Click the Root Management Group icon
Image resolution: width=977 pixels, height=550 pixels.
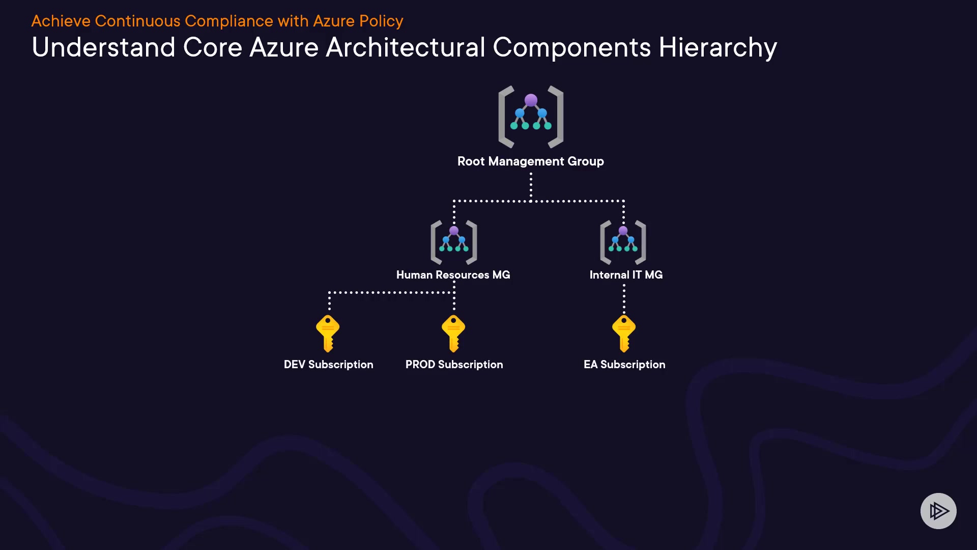click(x=531, y=117)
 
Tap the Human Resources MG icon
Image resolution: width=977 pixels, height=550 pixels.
click(x=454, y=242)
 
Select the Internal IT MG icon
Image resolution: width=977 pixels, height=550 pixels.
click(x=623, y=242)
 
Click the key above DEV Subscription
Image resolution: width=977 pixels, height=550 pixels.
click(x=328, y=334)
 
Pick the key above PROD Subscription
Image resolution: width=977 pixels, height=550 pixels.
click(x=453, y=334)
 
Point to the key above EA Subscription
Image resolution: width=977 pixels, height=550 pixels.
click(x=624, y=334)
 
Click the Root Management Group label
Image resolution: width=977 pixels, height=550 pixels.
click(x=531, y=161)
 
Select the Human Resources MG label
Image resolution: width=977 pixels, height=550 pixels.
click(x=453, y=275)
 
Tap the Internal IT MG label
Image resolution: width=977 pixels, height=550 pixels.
click(x=626, y=275)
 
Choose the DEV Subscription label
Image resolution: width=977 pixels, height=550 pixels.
click(x=329, y=365)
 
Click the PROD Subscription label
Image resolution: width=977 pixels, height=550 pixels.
click(x=454, y=365)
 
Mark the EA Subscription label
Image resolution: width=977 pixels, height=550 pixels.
click(x=625, y=365)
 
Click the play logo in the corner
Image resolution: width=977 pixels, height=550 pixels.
click(x=939, y=511)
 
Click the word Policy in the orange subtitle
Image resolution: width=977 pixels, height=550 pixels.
click(x=381, y=21)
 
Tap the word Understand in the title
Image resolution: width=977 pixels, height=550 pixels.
click(x=104, y=47)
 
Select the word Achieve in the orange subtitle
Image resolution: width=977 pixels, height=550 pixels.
click(x=61, y=21)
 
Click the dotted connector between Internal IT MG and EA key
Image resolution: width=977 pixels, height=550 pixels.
click(x=624, y=298)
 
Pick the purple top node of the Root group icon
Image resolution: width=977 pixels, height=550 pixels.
click(x=531, y=100)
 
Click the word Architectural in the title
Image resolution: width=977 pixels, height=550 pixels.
click(x=406, y=47)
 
